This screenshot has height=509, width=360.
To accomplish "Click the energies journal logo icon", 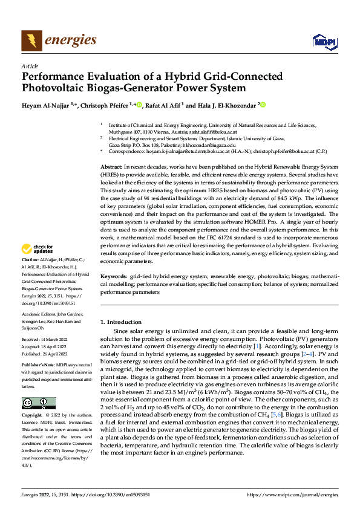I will (x=31, y=41).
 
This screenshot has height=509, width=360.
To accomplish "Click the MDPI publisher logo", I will (x=321, y=41).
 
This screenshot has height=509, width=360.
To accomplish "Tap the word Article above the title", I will (x=30, y=66).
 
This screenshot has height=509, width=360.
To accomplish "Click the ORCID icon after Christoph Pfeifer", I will (x=139, y=105).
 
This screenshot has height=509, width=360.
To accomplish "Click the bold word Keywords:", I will (x=113, y=276).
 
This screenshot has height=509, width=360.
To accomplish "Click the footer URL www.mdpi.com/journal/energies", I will (x=293, y=494).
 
